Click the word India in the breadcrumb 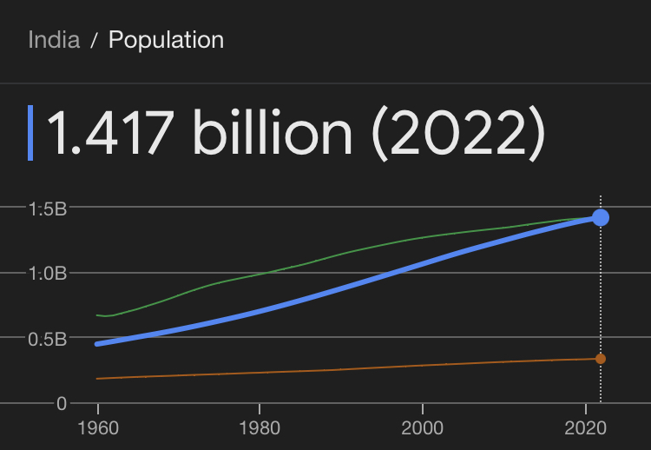coord(54,40)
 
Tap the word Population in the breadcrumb coord(166,40)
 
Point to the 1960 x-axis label coord(98,429)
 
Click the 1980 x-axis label coord(260,429)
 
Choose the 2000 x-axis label coord(422,429)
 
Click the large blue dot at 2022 coord(601,217)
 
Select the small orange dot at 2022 coord(601,359)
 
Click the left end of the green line coord(97,314)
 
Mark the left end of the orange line coord(97,379)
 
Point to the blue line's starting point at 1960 coord(97,344)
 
